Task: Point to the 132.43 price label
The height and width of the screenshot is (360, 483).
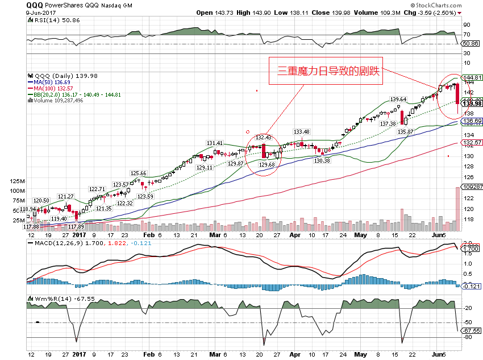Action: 264,137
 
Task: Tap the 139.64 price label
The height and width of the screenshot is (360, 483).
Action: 397,100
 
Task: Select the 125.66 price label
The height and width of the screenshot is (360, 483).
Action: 139,173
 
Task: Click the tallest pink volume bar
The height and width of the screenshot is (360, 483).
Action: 457,205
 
